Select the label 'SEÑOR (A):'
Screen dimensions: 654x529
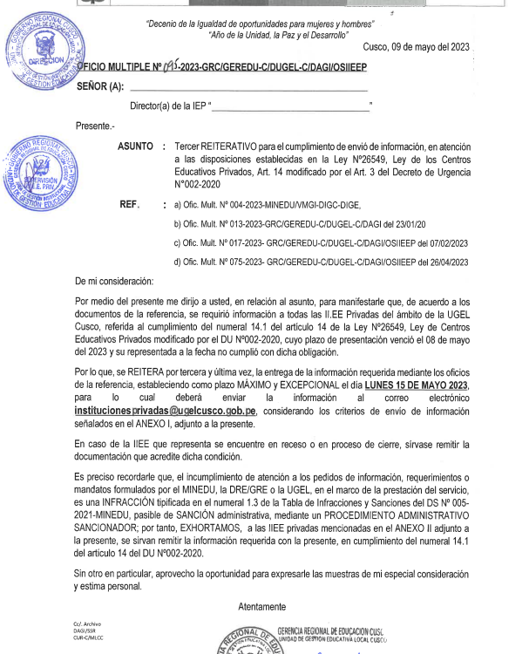(x=101, y=87)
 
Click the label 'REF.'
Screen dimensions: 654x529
(x=130, y=204)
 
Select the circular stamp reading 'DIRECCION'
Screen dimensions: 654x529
(x=43, y=55)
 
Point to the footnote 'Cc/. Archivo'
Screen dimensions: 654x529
(x=87, y=624)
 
